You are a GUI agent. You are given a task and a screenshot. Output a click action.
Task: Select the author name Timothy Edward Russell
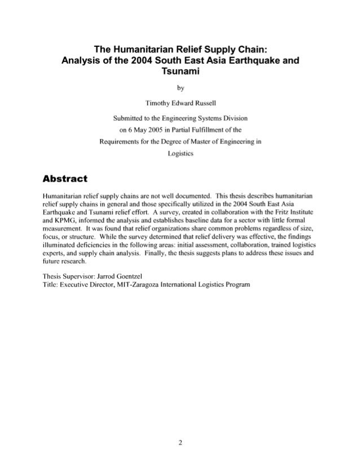click(x=179, y=102)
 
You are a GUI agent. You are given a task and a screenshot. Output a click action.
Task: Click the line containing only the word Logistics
click(x=179, y=153)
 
